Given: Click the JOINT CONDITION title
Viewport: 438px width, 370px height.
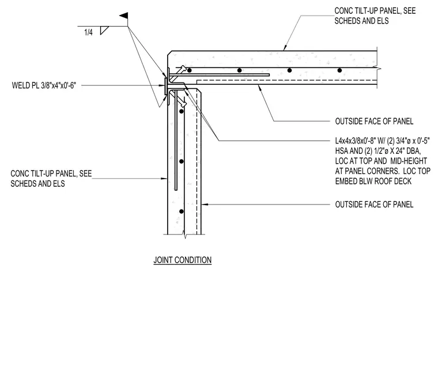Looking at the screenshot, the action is tap(183, 260).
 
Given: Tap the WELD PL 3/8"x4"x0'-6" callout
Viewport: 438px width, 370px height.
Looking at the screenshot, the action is tap(44, 85).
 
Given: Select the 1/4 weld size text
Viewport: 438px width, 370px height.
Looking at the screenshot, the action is tap(88, 32).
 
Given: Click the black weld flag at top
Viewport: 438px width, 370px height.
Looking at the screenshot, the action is tap(124, 16).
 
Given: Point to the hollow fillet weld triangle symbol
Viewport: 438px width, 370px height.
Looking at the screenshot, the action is tap(104, 30).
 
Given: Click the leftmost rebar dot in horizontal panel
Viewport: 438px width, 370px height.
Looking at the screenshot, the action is tap(190, 70).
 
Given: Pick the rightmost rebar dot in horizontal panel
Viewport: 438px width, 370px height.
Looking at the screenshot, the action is tap(339, 70).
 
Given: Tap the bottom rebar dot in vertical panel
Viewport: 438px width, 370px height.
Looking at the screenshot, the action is tap(182, 212).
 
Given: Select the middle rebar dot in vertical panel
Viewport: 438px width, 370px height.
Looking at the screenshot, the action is tap(182, 161).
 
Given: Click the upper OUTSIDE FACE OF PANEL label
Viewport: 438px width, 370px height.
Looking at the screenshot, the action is tap(374, 121).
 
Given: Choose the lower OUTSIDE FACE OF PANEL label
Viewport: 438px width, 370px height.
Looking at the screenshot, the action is tap(374, 205).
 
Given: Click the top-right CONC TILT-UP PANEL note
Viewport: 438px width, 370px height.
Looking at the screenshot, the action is tap(375, 16).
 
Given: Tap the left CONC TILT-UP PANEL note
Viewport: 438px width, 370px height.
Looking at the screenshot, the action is tap(51, 179).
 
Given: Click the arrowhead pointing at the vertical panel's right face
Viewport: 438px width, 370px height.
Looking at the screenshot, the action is tap(205, 205).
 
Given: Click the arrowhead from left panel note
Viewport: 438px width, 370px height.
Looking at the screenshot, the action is tap(164, 179).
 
